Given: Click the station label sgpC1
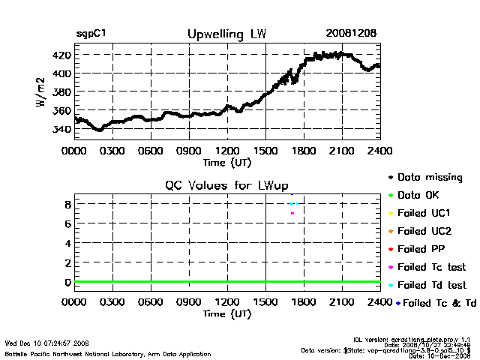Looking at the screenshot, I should coord(94,34).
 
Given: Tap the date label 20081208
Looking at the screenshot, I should coord(351,34).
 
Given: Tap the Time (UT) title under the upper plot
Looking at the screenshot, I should coord(227,161).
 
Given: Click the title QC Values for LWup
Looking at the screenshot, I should coord(227,186).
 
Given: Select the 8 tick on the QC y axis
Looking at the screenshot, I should coord(67,204).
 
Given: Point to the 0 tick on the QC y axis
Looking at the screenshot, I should coord(67,282).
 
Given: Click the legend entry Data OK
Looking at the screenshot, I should coord(421,195).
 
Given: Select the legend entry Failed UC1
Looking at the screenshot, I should coord(424,213).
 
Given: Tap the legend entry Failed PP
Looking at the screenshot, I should coord(421,249).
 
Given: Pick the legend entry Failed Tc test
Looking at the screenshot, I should coord(431,267).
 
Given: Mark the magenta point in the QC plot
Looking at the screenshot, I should coord(292,214).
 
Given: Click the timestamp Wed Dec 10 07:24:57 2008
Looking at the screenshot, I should coord(47,343).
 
